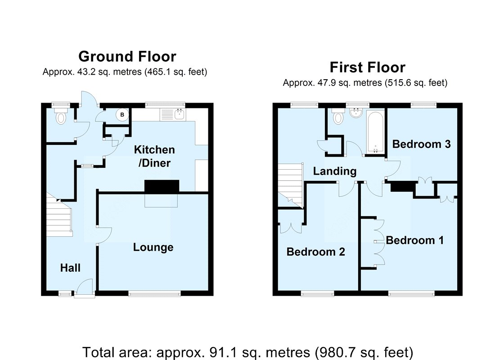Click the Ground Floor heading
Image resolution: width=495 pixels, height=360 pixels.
[127, 57]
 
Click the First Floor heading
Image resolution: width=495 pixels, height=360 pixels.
[368, 67]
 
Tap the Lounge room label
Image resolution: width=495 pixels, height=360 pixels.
[153, 247]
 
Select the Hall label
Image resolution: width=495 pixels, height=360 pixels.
[70, 268]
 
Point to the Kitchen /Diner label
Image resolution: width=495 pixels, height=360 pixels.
[154, 156]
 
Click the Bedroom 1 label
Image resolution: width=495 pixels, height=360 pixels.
[415, 240]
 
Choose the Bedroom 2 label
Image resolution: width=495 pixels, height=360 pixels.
[316, 252]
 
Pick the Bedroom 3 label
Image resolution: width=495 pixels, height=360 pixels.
[422, 144]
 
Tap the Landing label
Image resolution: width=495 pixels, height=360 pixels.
[335, 171]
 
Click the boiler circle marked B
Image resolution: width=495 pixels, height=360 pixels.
[122, 115]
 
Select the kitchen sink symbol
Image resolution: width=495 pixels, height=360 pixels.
[173, 114]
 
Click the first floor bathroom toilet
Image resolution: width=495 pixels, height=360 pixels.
[338, 116]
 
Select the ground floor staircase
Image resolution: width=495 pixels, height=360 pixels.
[59, 216]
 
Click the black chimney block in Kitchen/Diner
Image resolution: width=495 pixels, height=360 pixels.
[162, 186]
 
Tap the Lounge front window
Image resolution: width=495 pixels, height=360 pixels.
[155, 294]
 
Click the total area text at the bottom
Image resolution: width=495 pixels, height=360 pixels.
[248, 352]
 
